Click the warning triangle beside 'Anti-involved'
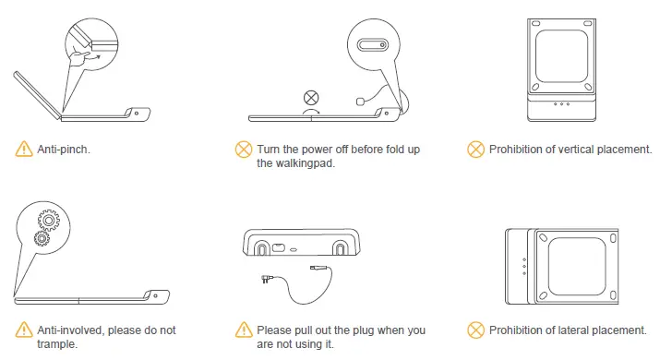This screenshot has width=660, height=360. tap(23, 330)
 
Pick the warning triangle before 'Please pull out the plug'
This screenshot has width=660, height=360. tap(244, 330)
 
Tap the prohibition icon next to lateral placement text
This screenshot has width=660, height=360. tap(475, 330)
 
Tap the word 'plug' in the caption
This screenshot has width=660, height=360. tap(374, 330)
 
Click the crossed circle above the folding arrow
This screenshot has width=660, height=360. tap(311, 96)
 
